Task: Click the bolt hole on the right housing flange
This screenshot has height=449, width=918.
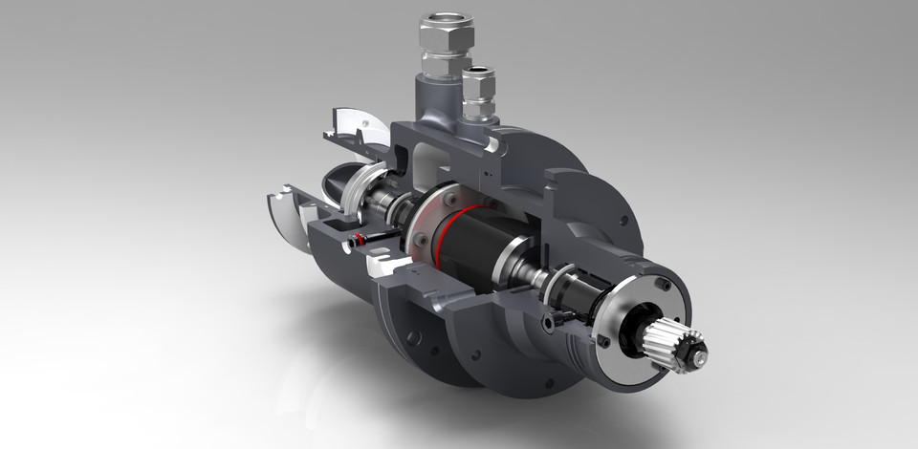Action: click(623, 220)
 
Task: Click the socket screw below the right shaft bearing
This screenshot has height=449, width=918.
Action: click(549, 324)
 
